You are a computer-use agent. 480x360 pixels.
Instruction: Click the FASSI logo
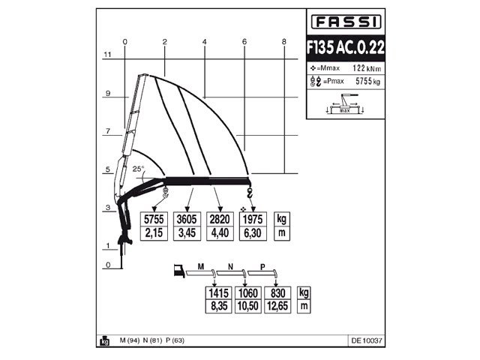tap(346, 21)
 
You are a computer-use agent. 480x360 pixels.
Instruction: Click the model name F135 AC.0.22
tap(346, 46)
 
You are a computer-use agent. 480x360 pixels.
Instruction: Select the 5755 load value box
tap(154, 220)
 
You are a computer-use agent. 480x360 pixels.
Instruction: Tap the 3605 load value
tap(186, 220)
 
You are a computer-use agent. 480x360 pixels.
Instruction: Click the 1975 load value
tap(251, 220)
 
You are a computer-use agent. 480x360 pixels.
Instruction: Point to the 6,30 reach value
tap(251, 234)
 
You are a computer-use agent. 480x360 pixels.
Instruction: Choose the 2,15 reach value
tap(154, 234)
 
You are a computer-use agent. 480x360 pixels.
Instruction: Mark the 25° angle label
tap(138, 169)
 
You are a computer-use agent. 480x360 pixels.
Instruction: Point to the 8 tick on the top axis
tap(284, 41)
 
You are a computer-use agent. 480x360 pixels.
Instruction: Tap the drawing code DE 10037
tap(366, 340)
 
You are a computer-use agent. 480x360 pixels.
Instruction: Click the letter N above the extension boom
tap(230, 266)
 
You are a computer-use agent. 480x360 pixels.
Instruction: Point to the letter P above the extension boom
tap(262, 266)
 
